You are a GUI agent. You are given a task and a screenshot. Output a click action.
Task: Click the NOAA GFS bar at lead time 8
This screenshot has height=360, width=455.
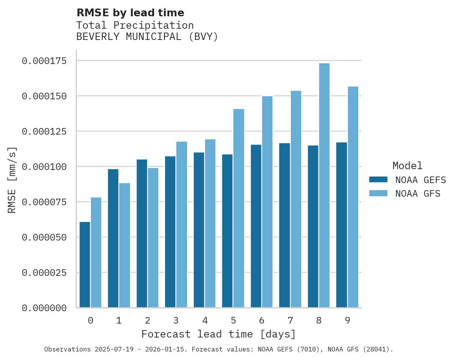(324, 185)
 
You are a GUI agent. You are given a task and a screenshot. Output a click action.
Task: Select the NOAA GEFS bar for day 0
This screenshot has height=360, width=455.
(85, 265)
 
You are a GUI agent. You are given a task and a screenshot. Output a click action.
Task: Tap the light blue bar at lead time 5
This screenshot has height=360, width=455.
(239, 208)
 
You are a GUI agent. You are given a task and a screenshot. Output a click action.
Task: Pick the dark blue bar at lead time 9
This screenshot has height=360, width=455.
(342, 225)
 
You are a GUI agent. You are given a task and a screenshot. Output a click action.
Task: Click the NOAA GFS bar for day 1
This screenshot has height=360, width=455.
(125, 245)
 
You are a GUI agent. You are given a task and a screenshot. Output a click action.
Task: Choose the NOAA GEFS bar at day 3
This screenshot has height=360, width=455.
(170, 232)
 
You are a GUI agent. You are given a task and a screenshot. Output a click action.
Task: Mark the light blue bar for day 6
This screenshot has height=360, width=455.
(267, 202)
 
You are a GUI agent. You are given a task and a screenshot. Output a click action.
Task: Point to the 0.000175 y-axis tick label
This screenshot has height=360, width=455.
(44, 61)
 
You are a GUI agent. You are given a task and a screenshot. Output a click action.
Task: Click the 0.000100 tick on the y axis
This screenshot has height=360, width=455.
(44, 167)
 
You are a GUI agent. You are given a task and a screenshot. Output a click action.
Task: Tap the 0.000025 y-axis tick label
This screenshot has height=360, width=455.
(44, 273)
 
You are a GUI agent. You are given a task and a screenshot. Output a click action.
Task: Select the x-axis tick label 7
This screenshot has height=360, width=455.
(290, 320)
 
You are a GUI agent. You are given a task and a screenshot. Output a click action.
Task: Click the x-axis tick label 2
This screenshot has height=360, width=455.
(148, 320)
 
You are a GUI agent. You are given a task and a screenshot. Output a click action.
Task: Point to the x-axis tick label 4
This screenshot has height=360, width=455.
(205, 320)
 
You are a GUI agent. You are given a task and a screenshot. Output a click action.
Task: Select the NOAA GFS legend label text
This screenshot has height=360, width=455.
(418, 193)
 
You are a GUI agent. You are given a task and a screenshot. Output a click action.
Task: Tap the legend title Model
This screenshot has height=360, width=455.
(407, 166)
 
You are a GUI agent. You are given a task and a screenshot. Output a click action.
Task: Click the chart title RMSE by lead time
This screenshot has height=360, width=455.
(130, 13)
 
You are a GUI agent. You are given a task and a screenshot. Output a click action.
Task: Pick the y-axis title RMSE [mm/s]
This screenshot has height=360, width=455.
(12, 180)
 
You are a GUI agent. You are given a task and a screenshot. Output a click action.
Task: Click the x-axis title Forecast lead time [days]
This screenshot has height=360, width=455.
(219, 334)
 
